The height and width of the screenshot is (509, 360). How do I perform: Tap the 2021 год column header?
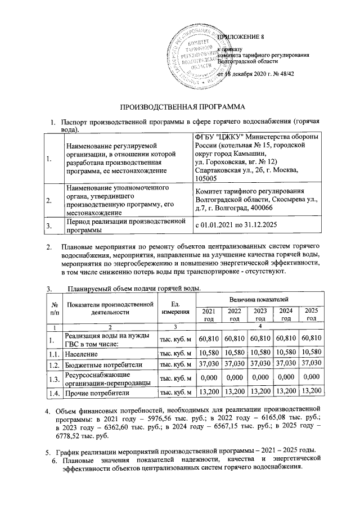pos(208,315)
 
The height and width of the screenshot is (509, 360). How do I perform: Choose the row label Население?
pos(82,355)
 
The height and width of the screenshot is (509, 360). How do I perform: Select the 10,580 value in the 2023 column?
pos(259,354)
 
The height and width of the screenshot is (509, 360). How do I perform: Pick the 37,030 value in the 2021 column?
pos(208,365)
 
